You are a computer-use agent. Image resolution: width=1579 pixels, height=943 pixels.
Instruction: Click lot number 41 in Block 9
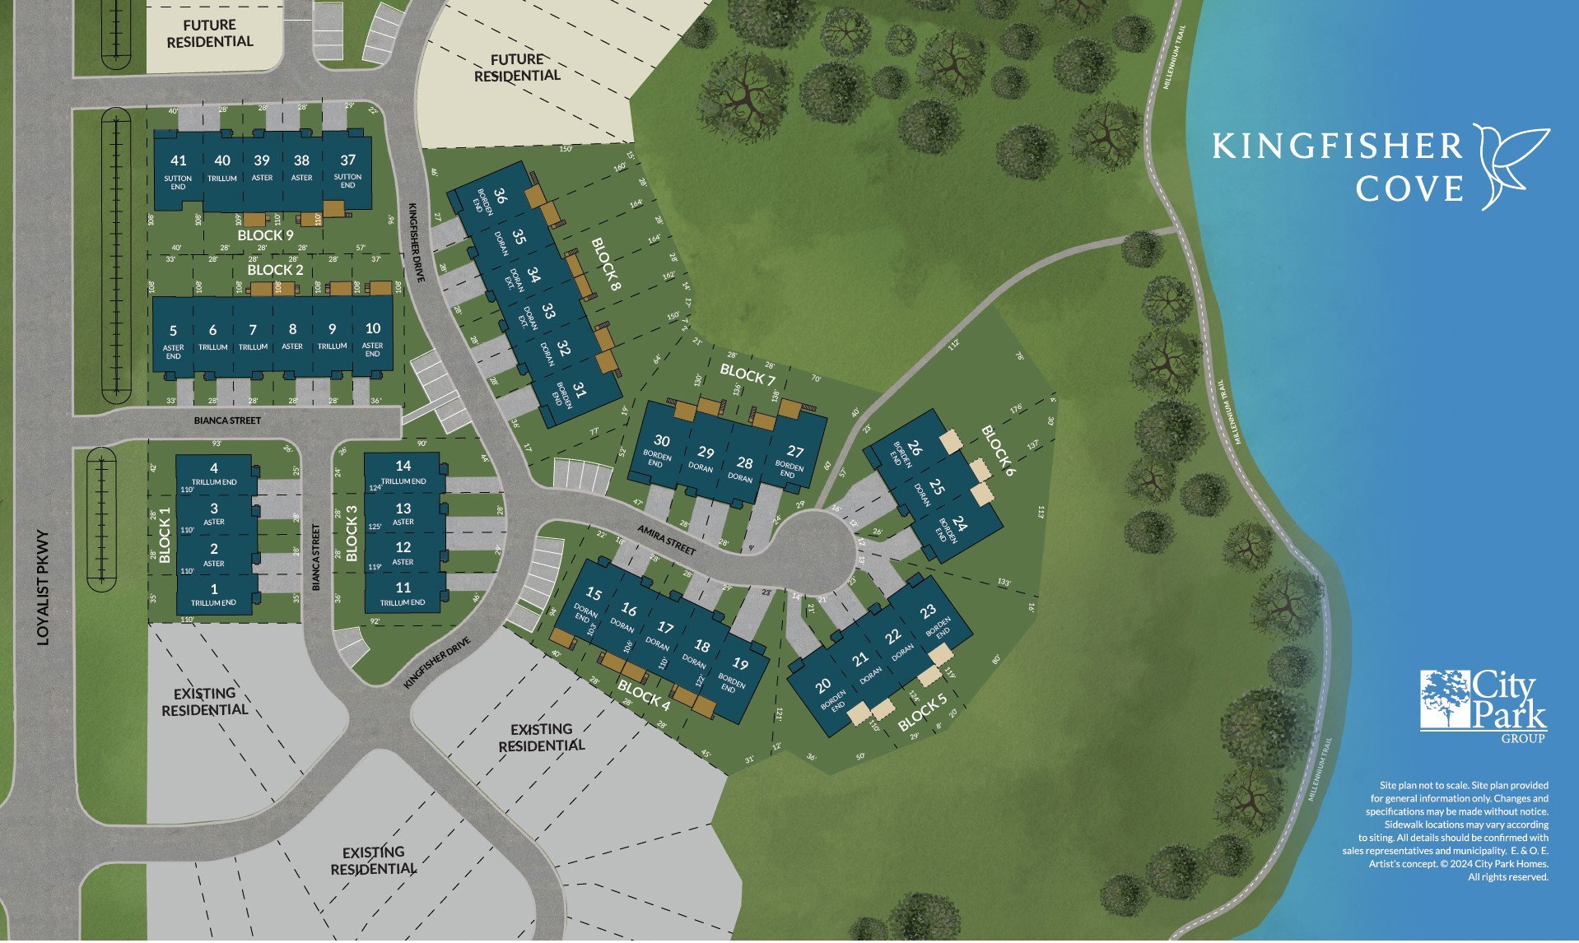click(178, 160)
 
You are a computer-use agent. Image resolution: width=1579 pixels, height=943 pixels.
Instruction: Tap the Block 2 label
click(275, 270)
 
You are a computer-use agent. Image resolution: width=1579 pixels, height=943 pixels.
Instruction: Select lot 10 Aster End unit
click(372, 328)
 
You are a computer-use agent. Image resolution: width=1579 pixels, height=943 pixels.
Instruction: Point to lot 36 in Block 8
click(500, 196)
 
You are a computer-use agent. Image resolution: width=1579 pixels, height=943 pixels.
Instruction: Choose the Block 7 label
click(748, 374)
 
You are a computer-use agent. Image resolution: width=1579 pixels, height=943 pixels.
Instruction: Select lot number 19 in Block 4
click(739, 665)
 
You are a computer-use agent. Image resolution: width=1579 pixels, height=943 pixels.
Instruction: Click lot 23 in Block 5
click(928, 611)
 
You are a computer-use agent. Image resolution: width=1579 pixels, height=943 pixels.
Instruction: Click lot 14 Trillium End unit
click(403, 467)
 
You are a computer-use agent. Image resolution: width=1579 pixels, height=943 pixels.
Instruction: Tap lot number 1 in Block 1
click(214, 589)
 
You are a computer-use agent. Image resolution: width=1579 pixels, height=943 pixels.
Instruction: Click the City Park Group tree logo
click(1446, 699)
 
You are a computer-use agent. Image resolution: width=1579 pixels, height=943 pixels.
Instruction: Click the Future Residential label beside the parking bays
click(210, 34)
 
